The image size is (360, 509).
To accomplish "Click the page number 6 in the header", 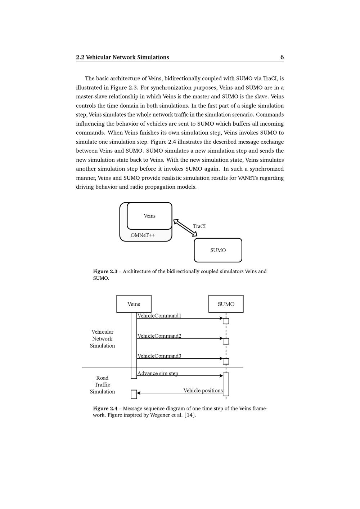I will click(x=282, y=57).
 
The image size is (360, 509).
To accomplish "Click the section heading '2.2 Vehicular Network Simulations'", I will click(x=122, y=57).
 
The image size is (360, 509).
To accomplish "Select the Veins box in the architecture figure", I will click(x=149, y=216).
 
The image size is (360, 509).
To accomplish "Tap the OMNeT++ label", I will click(x=143, y=235).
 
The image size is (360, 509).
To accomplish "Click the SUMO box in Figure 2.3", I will click(x=218, y=250).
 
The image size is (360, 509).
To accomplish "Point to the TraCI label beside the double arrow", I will click(x=199, y=226).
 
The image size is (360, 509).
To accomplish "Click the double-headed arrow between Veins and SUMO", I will click(x=185, y=228).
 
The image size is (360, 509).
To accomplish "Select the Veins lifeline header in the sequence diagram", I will click(x=134, y=304).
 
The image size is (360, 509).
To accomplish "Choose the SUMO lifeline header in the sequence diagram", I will click(x=226, y=304).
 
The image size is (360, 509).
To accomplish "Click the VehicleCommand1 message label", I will click(x=159, y=316).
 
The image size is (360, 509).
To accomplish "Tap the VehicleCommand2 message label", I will click(x=159, y=336).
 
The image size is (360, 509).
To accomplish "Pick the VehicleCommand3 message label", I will click(x=159, y=356).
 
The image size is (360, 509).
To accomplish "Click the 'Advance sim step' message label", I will click(x=158, y=373).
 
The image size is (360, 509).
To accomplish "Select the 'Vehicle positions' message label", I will click(x=203, y=391).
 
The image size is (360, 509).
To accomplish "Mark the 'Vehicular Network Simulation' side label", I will click(x=102, y=339).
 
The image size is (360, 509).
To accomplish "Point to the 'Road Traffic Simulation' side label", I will click(x=102, y=385).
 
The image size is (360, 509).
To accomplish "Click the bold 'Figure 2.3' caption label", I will click(x=105, y=271).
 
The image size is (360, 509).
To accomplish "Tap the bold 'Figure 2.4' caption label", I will click(x=105, y=409).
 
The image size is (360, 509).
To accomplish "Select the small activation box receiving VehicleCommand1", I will click(x=226, y=321).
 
